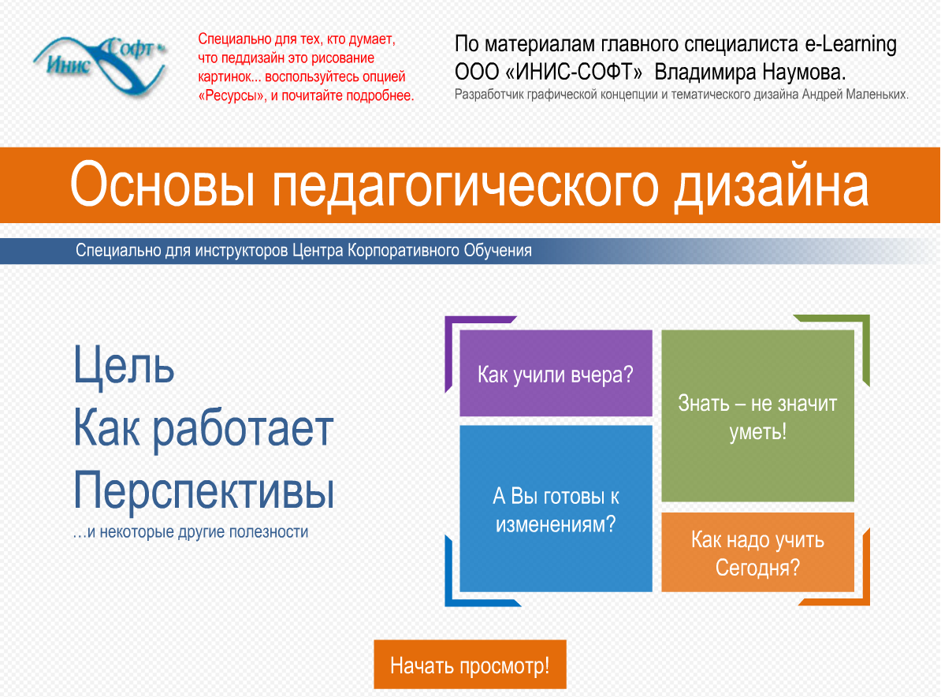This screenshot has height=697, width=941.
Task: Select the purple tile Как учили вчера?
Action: [556, 374]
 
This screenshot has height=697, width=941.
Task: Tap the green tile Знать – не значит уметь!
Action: [757, 416]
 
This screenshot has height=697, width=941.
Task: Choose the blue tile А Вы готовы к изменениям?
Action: [556, 509]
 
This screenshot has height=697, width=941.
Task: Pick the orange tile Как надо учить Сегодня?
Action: [757, 553]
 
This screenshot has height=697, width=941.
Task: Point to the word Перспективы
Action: [204, 490]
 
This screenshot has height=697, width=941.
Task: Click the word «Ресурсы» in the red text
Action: [231, 96]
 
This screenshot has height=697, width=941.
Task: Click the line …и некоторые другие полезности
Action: [191, 532]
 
